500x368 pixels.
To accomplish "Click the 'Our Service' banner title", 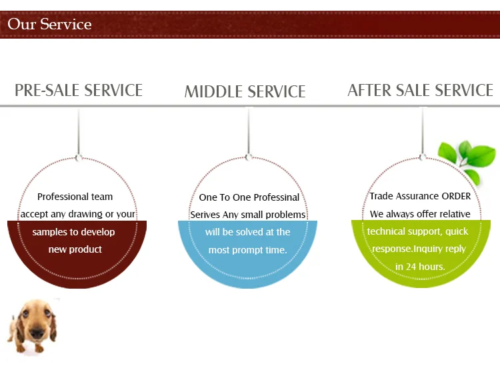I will tap(49, 25).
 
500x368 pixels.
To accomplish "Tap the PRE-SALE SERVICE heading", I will tap(79, 90).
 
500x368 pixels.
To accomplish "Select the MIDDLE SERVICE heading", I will tap(245, 91).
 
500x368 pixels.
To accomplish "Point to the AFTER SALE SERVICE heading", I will tap(420, 90).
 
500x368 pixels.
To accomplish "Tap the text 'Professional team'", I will tap(75, 197).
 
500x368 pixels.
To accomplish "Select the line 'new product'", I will tap(75, 249).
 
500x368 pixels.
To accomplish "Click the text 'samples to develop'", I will tap(73, 232).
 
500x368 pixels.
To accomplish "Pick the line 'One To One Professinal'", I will tap(249, 197).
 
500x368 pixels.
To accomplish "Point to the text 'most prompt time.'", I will tap(248, 250).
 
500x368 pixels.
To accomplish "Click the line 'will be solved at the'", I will tap(248, 232).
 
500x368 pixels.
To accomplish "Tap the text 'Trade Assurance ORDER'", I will tap(421, 196).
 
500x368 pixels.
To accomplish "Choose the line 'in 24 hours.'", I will tap(420, 267).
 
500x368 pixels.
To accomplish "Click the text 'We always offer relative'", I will tap(421, 214).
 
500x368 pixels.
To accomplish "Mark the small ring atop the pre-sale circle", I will tap(79, 158).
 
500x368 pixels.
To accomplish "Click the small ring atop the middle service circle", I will tap(249, 157).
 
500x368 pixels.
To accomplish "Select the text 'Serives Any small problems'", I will tap(248, 215).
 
